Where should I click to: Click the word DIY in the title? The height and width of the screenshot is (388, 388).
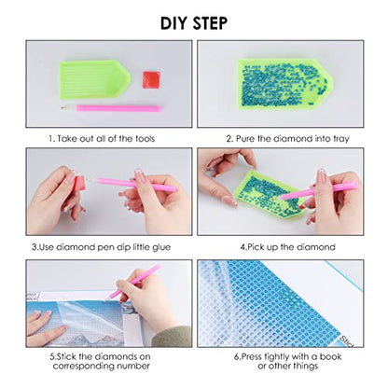pos(173,23)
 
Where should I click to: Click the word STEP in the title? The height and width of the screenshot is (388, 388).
pos(210,23)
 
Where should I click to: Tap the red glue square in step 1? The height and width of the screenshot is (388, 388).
pos(151,79)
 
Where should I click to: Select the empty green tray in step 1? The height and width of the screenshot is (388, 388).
pos(94,79)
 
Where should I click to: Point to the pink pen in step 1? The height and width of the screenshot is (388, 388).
pos(111,108)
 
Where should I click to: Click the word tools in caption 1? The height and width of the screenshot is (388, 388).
pos(145,138)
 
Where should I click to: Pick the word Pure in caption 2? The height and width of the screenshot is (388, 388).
pos(245,138)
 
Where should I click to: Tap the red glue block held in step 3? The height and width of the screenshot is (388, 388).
pos(78,184)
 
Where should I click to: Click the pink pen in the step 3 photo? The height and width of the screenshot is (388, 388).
pos(132,184)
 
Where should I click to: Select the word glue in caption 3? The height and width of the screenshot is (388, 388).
pos(161,247)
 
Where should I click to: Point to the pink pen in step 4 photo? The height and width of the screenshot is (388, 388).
pos(317,191)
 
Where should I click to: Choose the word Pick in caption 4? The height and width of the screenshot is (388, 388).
pos(256,247)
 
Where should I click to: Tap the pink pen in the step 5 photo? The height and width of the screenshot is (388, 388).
pos(132,283)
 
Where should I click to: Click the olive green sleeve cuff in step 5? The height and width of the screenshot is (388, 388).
pos(172,337)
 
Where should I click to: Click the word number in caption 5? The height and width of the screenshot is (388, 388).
pos(133,366)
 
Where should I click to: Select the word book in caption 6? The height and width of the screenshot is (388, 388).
pos(330,356)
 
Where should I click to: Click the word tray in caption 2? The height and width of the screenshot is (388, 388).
pos(341,139)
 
